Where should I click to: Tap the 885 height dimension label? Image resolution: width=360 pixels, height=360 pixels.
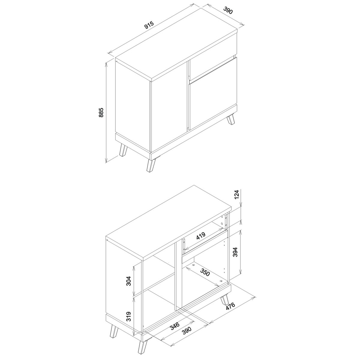[101, 112]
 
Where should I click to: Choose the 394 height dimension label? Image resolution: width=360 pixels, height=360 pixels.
[235, 252]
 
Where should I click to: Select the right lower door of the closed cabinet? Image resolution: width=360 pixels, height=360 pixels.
[213, 93]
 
